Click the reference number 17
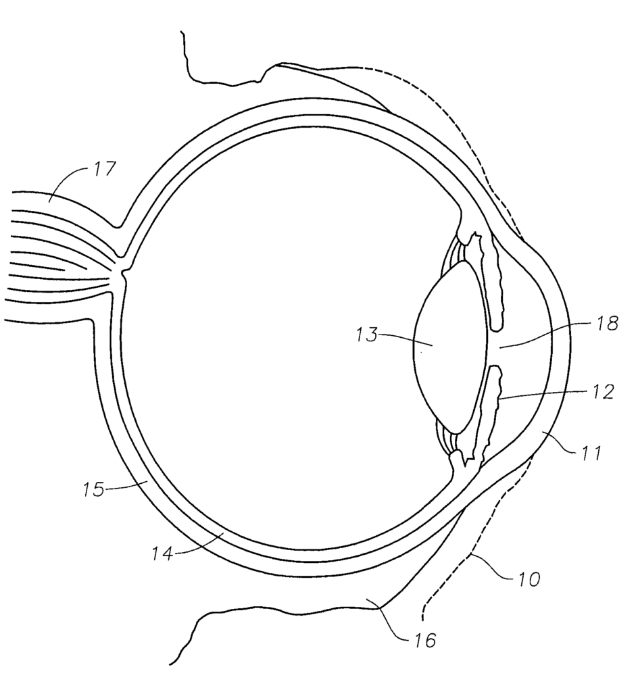(x=105, y=169)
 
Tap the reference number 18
(x=606, y=324)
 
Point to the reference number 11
(x=591, y=453)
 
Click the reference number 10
(x=528, y=578)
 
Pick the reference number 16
(x=424, y=639)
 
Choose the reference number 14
(x=163, y=553)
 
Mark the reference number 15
(x=94, y=489)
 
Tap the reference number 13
(x=367, y=335)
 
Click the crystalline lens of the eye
(x=450, y=347)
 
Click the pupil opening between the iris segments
(x=495, y=348)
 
